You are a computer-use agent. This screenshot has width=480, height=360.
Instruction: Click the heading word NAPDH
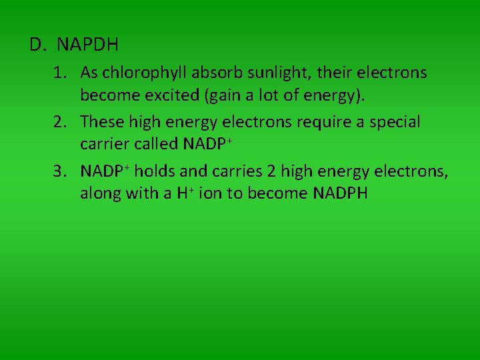coord(87,45)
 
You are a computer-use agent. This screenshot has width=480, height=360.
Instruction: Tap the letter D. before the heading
coord(37,45)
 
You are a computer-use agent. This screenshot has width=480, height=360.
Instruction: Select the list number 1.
coord(60,73)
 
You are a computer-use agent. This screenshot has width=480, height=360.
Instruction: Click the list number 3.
coord(60,171)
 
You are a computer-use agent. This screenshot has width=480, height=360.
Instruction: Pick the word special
coord(394,122)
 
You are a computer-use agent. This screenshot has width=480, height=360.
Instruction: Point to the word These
coord(101,122)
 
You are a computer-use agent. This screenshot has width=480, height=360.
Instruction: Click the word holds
coord(154,171)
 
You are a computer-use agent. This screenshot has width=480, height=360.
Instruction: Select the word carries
coord(237,171)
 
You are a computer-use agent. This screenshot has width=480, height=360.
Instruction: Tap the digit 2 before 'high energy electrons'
coord(271,171)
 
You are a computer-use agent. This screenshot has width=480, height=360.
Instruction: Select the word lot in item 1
coord(274,95)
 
